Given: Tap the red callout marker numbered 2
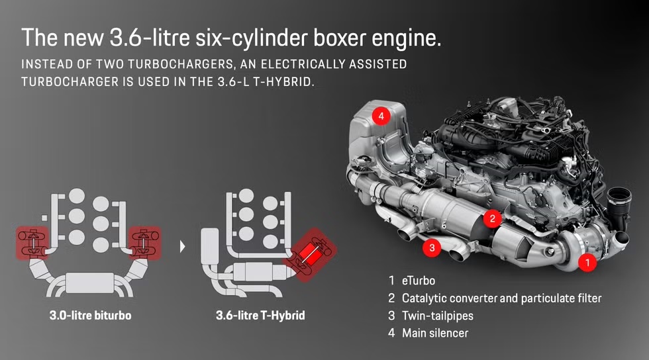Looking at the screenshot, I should click(491, 217).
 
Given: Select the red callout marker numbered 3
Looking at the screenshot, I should click(431, 248).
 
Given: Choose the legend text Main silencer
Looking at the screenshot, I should click(434, 333).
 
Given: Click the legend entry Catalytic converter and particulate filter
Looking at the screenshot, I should click(501, 298).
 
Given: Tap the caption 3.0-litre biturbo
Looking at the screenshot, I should click(90, 316).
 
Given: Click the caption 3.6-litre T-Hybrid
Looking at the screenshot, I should click(260, 316).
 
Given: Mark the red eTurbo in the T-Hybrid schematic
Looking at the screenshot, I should click(307, 254).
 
